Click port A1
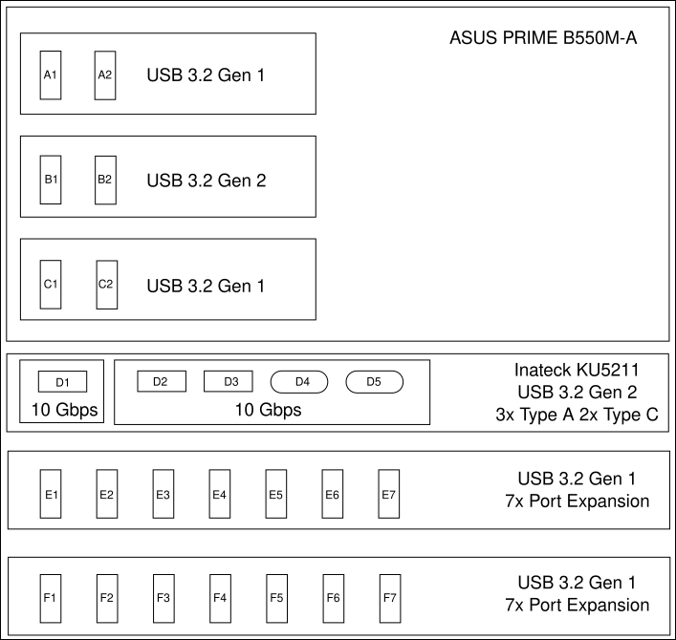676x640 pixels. tap(51, 75)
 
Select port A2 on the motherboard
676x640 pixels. tap(105, 75)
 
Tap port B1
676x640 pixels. tap(51, 180)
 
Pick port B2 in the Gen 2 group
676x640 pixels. tap(105, 180)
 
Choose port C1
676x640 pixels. tap(51, 285)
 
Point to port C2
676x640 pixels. tap(107, 285)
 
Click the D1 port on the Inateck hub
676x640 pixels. tap(62, 381)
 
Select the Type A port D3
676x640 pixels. tap(229, 381)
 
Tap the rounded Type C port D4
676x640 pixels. tap(299, 381)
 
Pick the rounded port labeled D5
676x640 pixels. tap(375, 381)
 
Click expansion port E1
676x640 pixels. tap(51, 494)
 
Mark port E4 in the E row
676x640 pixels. tap(220, 494)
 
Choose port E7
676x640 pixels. tap(389, 494)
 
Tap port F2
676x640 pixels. tap(107, 599)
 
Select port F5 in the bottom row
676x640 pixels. tap(276, 599)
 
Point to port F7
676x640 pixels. tap(390, 599)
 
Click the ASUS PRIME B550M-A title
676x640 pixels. tap(543, 38)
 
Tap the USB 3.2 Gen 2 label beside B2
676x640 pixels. tap(207, 181)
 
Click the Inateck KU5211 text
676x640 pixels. tap(577, 370)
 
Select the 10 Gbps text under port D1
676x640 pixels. tap(64, 410)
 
